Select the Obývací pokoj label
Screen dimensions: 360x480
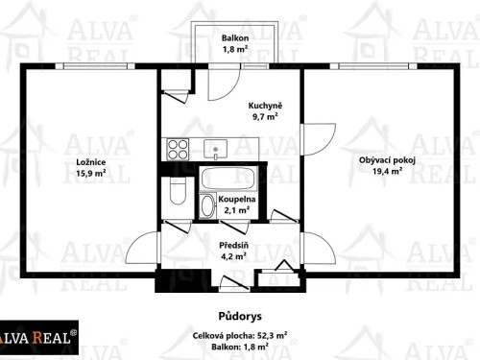pyautogui.click(x=387, y=160)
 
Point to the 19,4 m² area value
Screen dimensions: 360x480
pyautogui.click(x=387, y=172)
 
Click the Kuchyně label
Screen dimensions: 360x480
pyautogui.click(x=264, y=105)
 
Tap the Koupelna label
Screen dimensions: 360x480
pyautogui.click(x=235, y=199)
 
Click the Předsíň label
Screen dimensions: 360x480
pyautogui.click(x=234, y=246)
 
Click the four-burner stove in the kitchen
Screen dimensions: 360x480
pyautogui.click(x=178, y=149)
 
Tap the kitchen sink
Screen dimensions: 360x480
pyautogui.click(x=217, y=148)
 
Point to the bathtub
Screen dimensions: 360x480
pyautogui.click(x=227, y=179)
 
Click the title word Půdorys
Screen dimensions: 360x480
pyautogui.click(x=233, y=314)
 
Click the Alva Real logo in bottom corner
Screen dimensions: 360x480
pyautogui.click(x=40, y=337)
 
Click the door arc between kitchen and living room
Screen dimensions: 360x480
pyautogui.click(x=313, y=140)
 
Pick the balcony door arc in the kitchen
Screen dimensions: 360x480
pyautogui.click(x=226, y=76)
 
